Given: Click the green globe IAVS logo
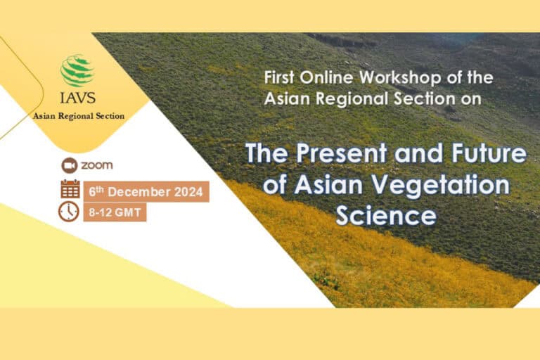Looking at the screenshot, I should (x=77, y=70).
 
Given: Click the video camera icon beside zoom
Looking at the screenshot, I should (x=69, y=165).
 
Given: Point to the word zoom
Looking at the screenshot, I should (x=96, y=165).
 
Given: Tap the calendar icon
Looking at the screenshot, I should (x=70, y=189).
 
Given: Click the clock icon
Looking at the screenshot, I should (x=69, y=211).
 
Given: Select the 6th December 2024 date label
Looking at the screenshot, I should (x=146, y=191).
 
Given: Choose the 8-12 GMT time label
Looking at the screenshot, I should (x=115, y=212).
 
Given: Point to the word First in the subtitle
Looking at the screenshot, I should (x=278, y=77).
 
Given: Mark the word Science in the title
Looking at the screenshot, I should (x=385, y=214).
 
